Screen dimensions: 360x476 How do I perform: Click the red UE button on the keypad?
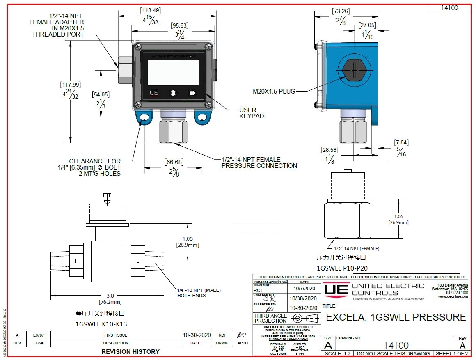tap(154, 93)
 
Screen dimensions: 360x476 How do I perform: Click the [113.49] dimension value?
tap(150, 9)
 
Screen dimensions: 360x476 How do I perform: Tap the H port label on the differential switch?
tap(77, 261)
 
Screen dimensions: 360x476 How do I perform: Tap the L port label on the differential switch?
tap(138, 261)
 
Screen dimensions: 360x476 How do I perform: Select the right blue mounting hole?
tap(201, 118)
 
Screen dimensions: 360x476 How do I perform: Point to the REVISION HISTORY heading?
tap(130, 351)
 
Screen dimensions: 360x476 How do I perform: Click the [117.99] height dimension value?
tap(71, 85)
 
